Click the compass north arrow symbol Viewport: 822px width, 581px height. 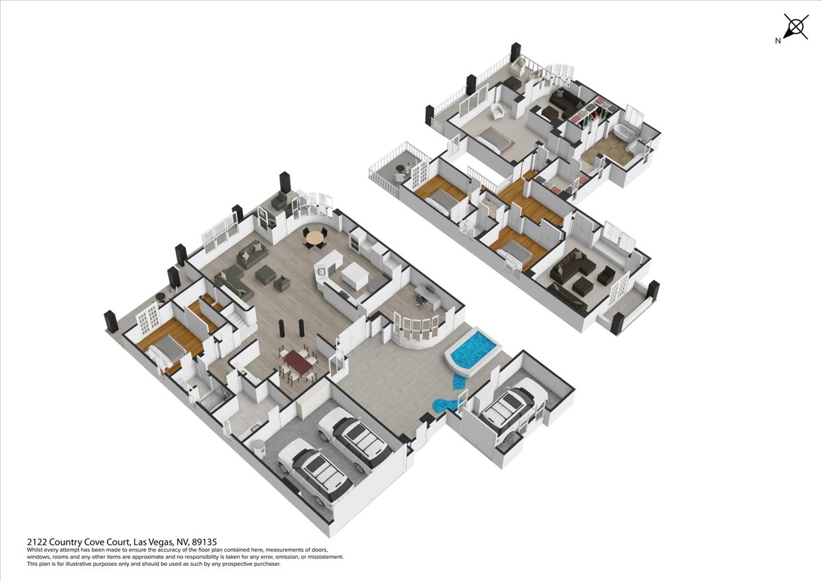point(796,27)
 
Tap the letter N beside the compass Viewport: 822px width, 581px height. point(777,41)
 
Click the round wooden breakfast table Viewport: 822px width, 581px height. point(314,238)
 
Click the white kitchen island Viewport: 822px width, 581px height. point(354,275)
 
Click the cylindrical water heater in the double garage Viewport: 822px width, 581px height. point(260,448)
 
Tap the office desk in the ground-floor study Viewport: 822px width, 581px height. point(428,297)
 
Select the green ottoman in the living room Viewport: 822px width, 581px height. point(266,275)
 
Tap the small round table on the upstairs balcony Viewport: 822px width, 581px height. point(399,169)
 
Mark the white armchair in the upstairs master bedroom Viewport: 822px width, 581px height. point(497,110)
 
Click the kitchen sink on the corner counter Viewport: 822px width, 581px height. point(322,271)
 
